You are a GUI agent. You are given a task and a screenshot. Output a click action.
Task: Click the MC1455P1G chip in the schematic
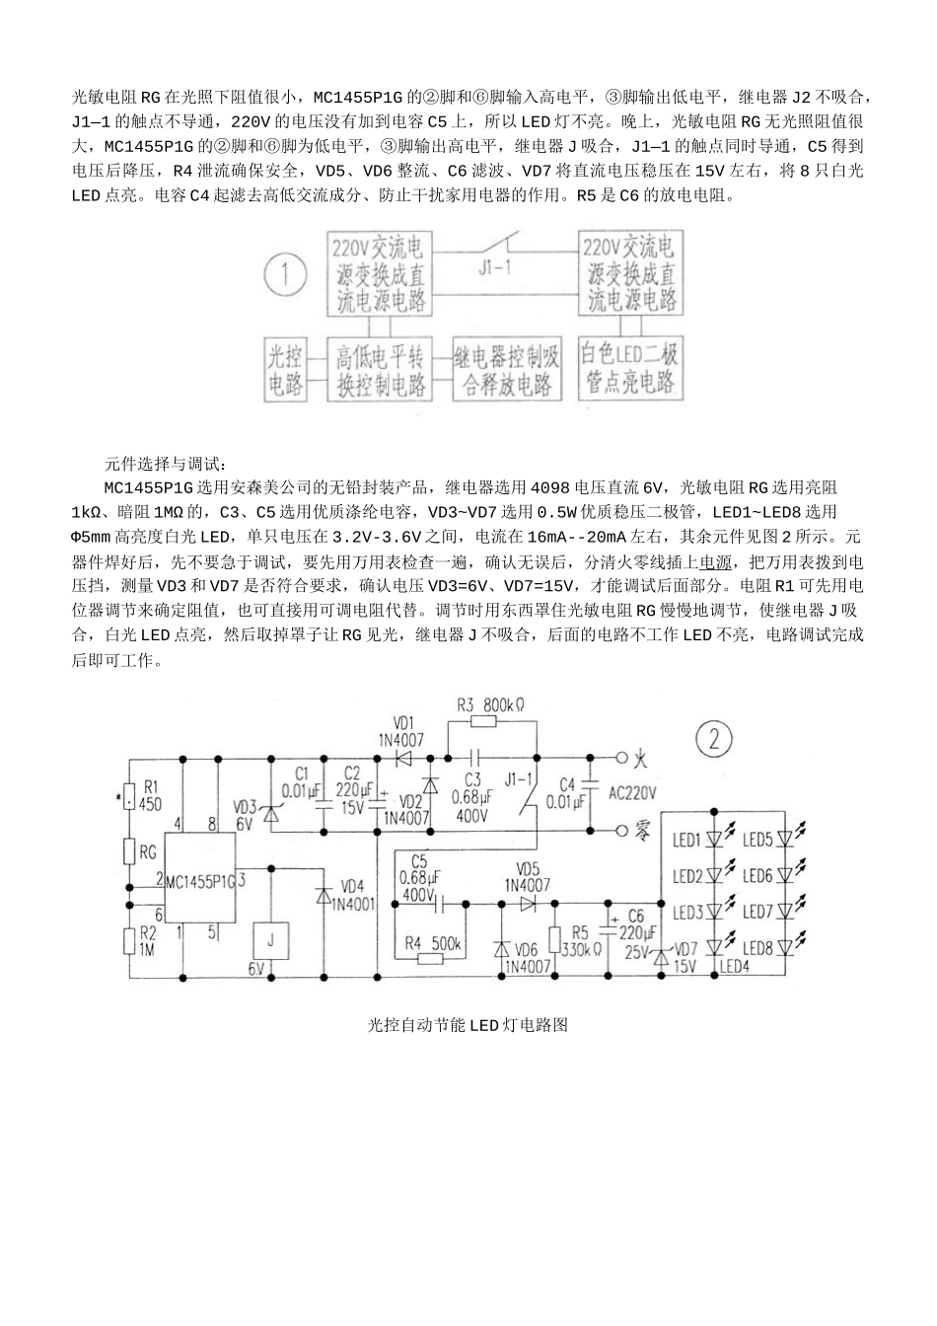pyautogui.click(x=200, y=881)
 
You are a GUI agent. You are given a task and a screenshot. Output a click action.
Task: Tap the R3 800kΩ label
pyautogui.click(x=490, y=705)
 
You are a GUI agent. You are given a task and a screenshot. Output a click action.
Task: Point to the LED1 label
pyautogui.click(x=686, y=841)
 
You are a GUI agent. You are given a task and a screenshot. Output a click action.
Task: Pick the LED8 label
pyautogui.click(x=757, y=948)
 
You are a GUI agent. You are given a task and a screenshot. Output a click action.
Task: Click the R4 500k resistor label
pyautogui.click(x=434, y=944)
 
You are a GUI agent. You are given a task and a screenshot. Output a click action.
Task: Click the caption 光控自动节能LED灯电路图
pyautogui.click(x=468, y=1025)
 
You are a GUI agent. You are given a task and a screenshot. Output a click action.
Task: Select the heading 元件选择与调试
pyautogui.click(x=166, y=463)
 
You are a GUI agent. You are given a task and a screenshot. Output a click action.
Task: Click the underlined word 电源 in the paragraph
pyautogui.click(x=716, y=562)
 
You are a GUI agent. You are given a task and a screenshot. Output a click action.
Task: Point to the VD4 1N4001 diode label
pyautogui.click(x=352, y=893)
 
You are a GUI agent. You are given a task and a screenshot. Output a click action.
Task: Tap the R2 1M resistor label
pyautogui.click(x=148, y=939)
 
